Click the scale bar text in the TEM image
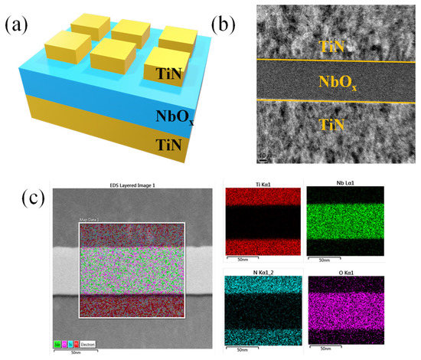[267, 156]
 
